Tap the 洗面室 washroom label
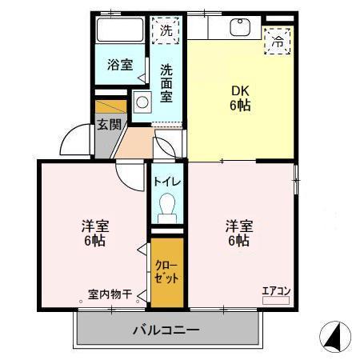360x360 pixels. (166, 82)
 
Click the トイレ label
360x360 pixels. (167, 182)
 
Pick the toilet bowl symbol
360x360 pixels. (167, 209)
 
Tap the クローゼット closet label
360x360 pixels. (166, 271)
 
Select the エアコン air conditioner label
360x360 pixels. (275, 290)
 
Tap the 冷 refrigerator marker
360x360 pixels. (278, 40)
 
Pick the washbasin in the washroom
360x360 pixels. (142, 103)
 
